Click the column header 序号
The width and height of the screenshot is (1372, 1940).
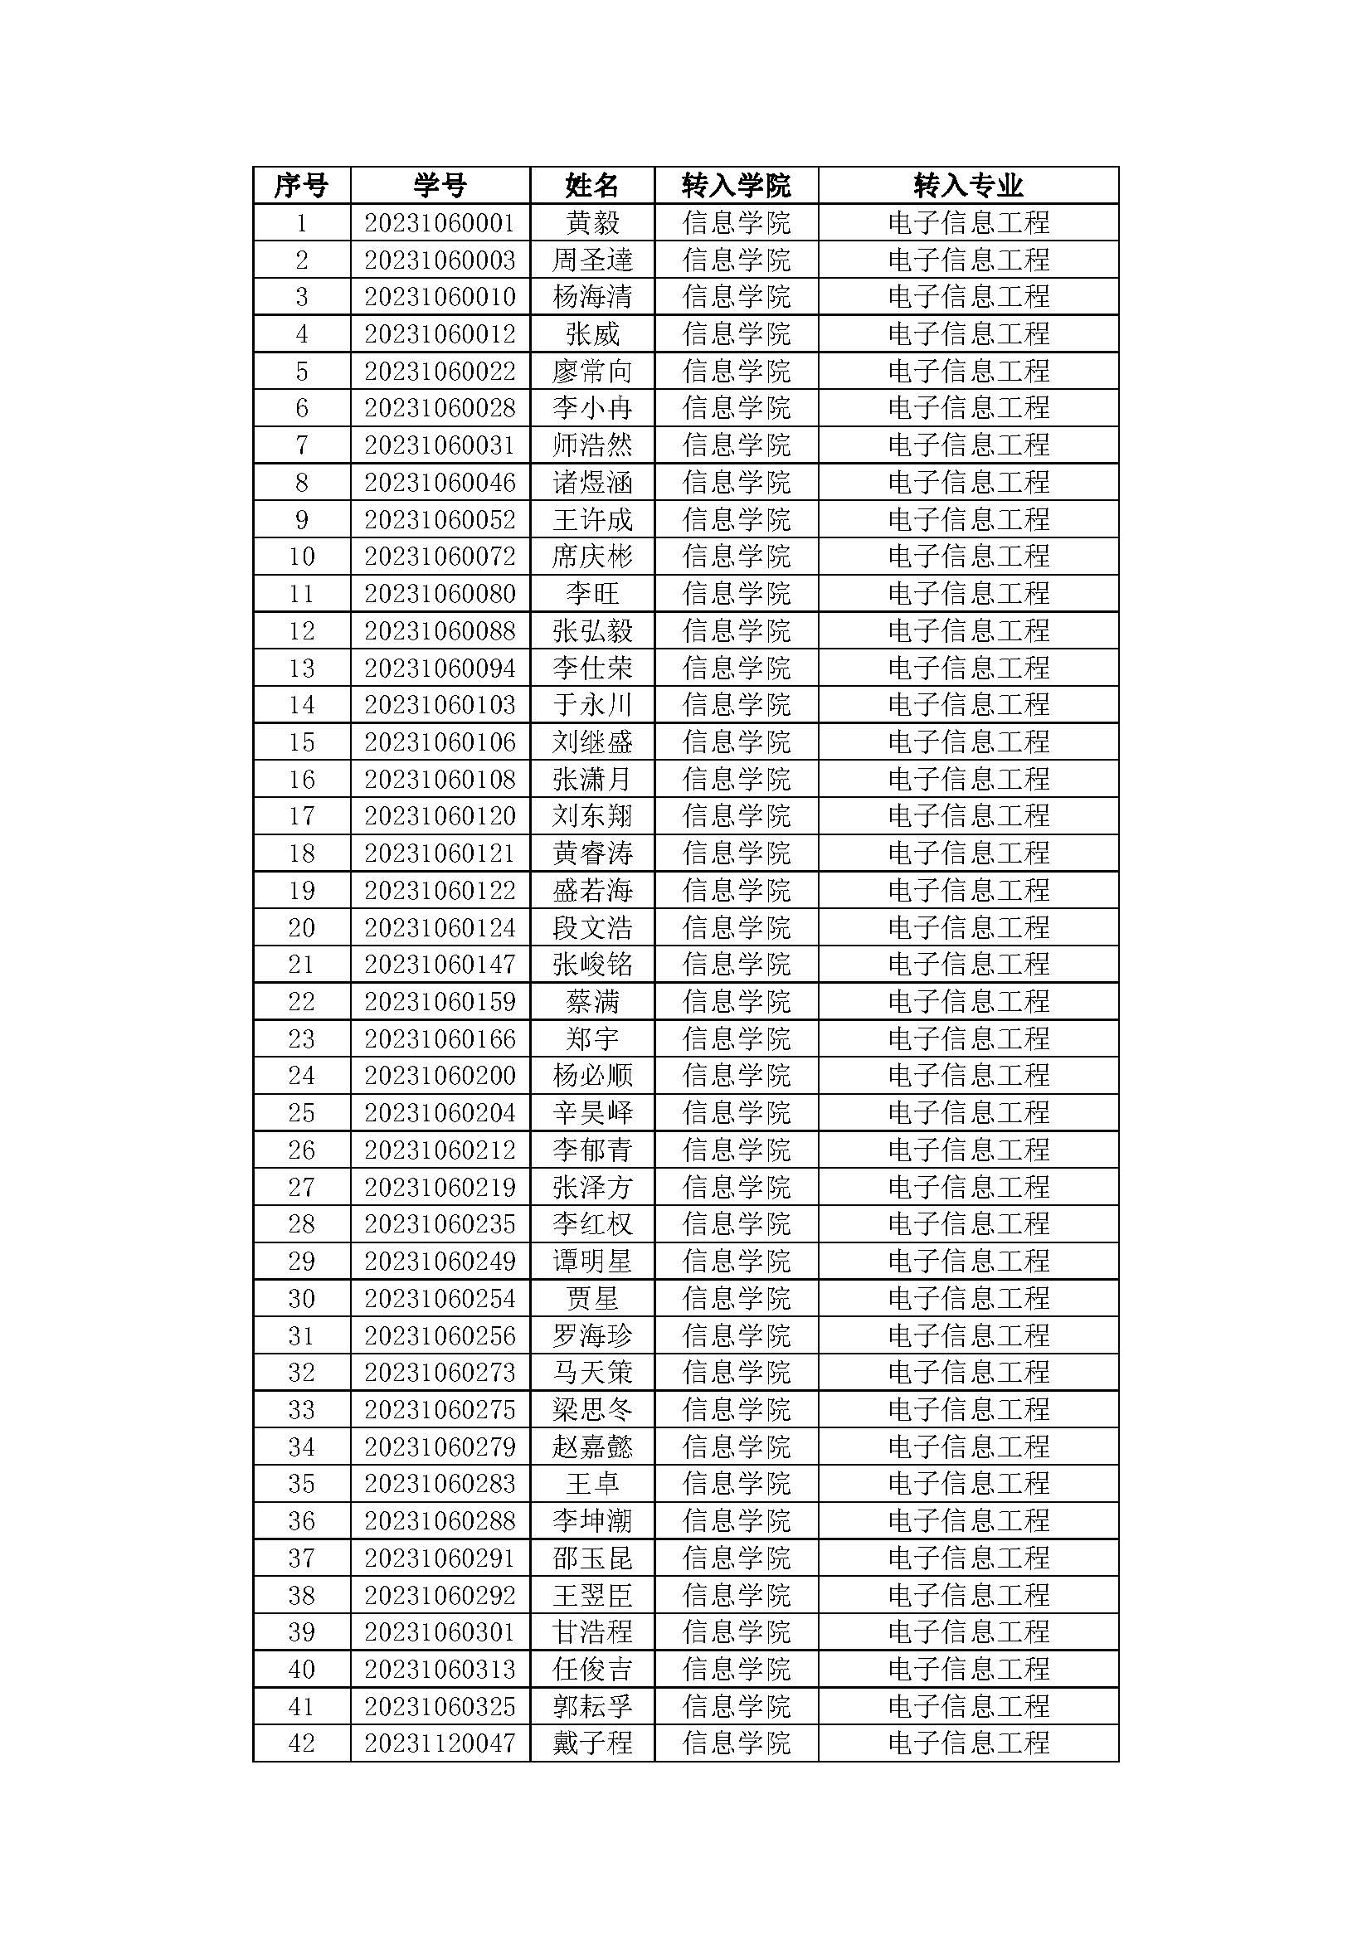[x=301, y=185]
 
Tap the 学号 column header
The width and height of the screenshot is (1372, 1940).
[x=440, y=185]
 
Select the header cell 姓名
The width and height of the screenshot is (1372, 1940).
[x=591, y=185]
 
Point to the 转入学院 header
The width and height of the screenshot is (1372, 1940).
[x=736, y=185]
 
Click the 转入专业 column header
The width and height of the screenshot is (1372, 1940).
[x=967, y=185]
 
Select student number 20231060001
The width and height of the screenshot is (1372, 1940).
[x=440, y=223]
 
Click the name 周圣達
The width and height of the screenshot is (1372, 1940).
[x=591, y=260]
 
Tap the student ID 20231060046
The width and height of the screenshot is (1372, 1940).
[x=440, y=483]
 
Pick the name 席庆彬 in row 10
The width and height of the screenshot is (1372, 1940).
[x=591, y=557]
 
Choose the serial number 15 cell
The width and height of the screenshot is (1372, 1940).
[x=301, y=742]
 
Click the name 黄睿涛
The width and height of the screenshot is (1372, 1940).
[x=591, y=853]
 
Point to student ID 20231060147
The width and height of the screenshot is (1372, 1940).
[x=440, y=965]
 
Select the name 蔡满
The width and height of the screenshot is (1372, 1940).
[x=591, y=1002]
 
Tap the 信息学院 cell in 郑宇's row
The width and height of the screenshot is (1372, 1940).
[x=736, y=1039]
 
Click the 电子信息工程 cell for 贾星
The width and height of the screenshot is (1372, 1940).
[x=967, y=1299]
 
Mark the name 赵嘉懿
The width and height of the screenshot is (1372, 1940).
[x=591, y=1447]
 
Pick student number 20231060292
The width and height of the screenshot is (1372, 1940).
[x=440, y=1595]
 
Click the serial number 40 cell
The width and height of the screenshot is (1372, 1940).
[x=301, y=1670]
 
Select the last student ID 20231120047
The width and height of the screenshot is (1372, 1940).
[x=440, y=1743]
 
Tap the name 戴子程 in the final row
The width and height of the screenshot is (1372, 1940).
[x=591, y=1743]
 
